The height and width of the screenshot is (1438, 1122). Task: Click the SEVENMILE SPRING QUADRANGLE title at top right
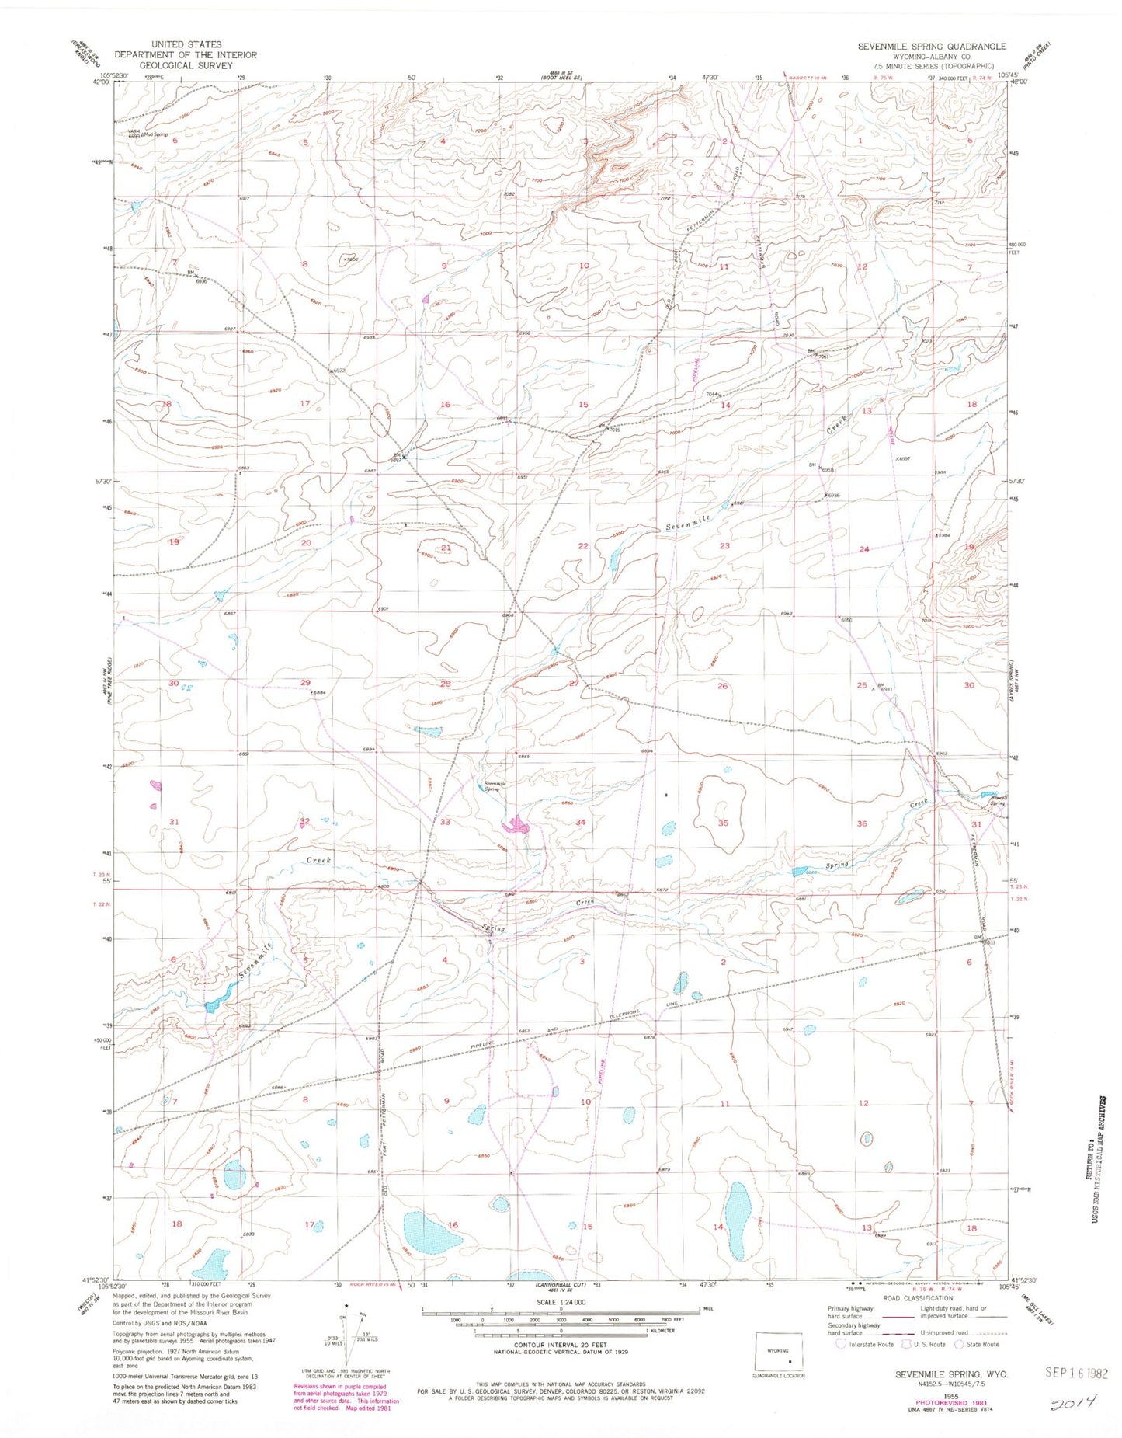[x=931, y=47]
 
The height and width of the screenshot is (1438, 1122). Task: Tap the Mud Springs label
[x=155, y=134]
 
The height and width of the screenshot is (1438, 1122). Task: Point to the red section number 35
[x=723, y=823]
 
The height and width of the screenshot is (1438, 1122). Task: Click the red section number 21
[x=446, y=548]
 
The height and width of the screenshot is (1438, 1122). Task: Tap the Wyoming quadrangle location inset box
[x=779, y=1353]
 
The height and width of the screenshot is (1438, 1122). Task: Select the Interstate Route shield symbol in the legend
[x=842, y=1344]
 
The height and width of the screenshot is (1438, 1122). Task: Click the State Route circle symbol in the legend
[x=960, y=1344]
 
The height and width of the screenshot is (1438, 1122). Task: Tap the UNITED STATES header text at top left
[x=186, y=44]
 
